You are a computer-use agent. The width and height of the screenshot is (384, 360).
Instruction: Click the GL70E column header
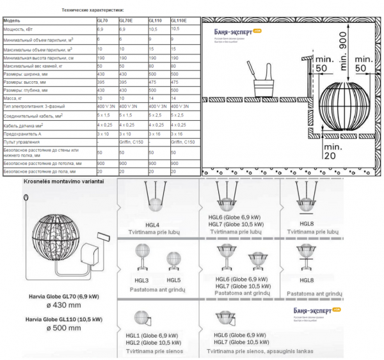pyautogui.click(x=131, y=20)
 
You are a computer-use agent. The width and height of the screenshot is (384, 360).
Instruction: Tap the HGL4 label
pyautogui.click(x=152, y=223)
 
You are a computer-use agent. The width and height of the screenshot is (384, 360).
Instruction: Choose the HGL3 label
pyautogui.click(x=141, y=279)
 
